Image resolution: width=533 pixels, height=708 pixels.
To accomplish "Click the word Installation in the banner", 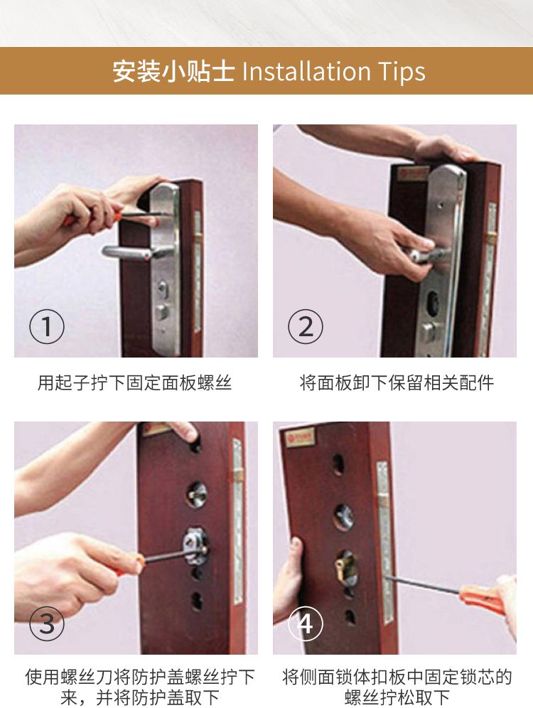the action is point(306,71).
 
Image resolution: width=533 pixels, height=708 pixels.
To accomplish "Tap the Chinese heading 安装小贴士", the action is point(173,71).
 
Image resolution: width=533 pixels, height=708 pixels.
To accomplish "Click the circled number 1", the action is point(46,326).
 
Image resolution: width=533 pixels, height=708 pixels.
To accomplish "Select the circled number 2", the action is point(306,326).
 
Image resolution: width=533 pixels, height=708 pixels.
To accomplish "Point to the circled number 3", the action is point(46,623).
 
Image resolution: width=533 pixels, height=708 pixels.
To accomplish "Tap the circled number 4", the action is point(306,623).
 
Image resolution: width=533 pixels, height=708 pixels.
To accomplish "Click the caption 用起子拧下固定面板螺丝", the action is point(134,383).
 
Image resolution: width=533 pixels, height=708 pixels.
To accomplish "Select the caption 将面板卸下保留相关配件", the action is point(397,383).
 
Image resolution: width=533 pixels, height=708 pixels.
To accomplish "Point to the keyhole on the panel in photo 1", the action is point(161,288).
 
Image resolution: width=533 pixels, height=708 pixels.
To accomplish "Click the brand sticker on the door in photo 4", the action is point(300,437).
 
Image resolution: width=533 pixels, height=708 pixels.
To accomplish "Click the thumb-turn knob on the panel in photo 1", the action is point(162,311).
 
